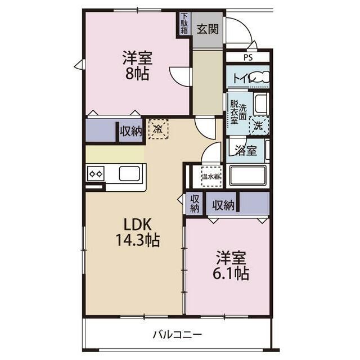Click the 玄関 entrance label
click(208, 29)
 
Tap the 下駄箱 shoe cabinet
click(184, 24)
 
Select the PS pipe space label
click(248, 57)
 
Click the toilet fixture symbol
click(261, 77)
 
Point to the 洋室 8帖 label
click(137, 66)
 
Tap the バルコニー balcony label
click(177, 335)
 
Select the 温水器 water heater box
click(211, 176)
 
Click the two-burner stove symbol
click(96, 174)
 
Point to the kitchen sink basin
click(129, 173)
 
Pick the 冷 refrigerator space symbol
click(159, 129)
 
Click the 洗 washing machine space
click(259, 125)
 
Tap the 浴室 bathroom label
click(246, 150)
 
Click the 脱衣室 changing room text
click(234, 112)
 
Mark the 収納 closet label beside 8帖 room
click(130, 131)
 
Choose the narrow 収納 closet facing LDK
click(195, 204)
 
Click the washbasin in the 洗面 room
click(260, 103)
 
